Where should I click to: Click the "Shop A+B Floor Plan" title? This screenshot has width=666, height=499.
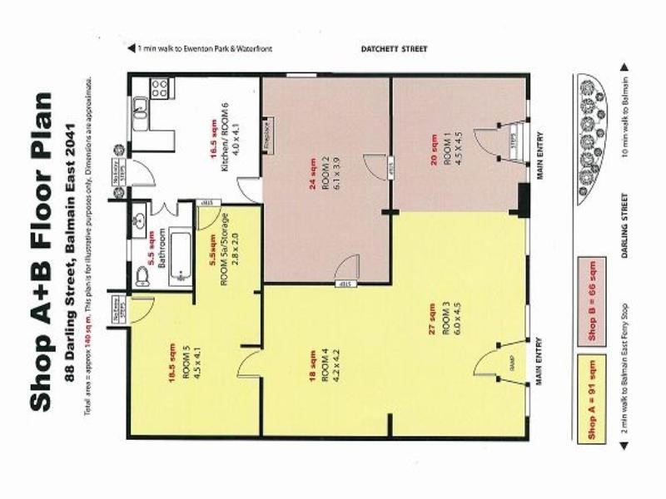[x=43, y=249]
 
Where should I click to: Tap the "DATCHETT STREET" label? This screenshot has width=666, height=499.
[x=393, y=49]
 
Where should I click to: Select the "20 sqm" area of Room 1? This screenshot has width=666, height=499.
[x=434, y=149]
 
